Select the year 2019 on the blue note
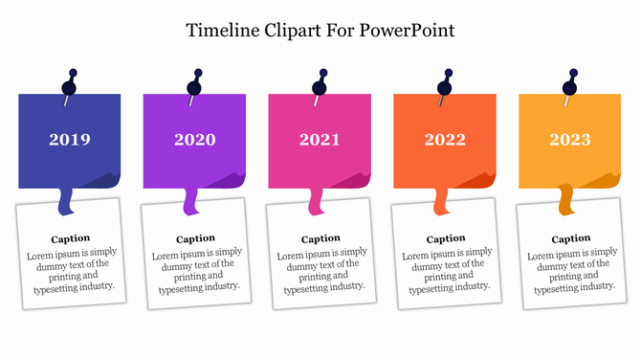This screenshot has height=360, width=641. click(70, 140)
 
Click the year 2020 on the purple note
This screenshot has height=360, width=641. click(195, 140)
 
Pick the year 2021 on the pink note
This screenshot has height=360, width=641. click(320, 140)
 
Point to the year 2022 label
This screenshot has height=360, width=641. click(445, 140)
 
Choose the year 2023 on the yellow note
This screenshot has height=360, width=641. click(570, 140)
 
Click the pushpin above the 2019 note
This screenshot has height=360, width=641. click(71, 83)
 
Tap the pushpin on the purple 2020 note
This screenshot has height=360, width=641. click(196, 83)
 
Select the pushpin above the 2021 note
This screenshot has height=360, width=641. click(320, 83)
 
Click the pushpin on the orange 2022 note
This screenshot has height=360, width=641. click(446, 83)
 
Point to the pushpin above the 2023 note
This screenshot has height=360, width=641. click(571, 83)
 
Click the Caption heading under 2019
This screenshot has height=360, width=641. click(71, 237)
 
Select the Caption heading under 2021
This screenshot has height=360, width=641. click(320, 238)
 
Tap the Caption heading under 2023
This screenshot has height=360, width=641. click(571, 238)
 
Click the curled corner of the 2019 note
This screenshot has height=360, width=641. click(105, 180)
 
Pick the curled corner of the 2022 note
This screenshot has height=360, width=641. click(480, 180)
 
